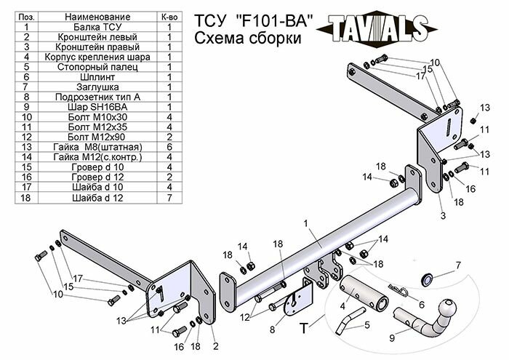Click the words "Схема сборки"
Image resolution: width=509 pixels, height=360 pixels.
(239, 39)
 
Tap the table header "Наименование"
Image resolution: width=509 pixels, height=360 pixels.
(97, 16)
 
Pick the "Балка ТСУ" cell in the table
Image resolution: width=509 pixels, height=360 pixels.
(97, 26)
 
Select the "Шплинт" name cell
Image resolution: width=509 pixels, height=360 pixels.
(97, 76)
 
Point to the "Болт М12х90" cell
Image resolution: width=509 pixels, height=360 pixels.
(97, 136)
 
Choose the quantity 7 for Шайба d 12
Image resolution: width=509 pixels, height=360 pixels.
(169, 196)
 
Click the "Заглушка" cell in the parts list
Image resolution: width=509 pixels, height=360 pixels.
(97, 86)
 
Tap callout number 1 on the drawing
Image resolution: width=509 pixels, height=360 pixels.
(307, 223)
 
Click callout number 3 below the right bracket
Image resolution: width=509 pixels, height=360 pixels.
(442, 216)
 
